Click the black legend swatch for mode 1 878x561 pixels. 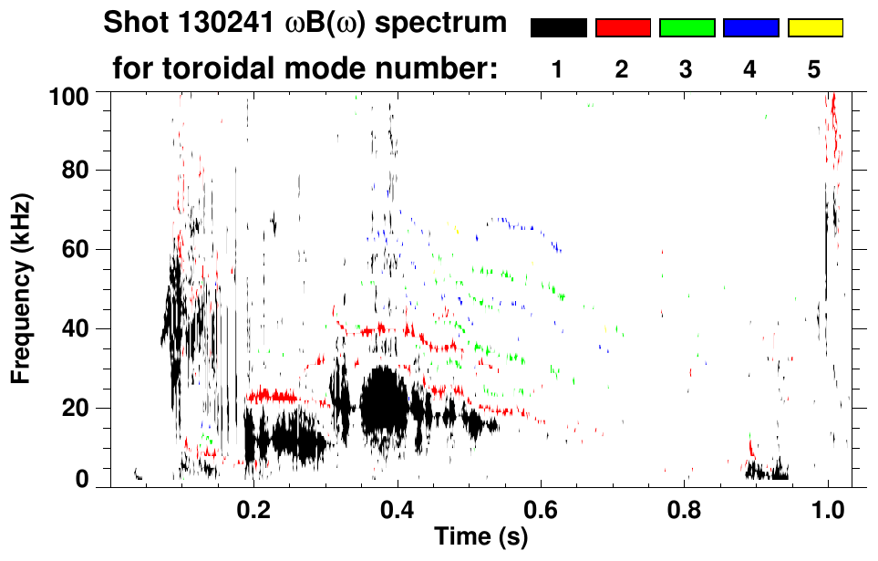[x=559, y=28]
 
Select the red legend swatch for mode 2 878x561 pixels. [x=623, y=28]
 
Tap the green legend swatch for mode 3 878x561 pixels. [x=687, y=28]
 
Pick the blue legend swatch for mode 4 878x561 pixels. [x=750, y=28]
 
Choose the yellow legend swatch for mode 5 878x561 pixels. [x=814, y=28]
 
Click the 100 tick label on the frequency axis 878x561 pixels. [x=71, y=94]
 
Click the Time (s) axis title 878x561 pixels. [x=480, y=536]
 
